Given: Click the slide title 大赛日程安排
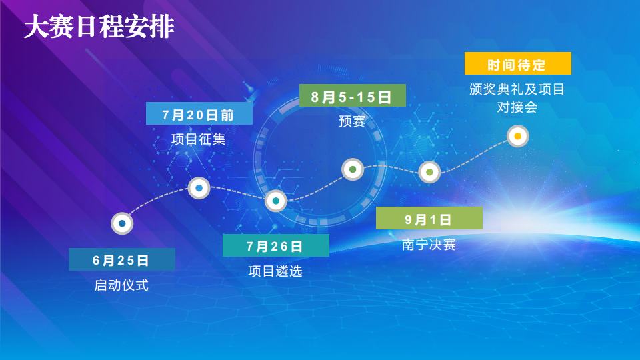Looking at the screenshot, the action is (99, 27).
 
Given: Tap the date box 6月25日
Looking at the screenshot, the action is (122, 259).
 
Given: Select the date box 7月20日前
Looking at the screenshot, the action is (199, 113).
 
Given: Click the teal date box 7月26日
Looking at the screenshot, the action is (276, 245).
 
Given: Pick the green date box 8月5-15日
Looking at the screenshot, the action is (353, 95).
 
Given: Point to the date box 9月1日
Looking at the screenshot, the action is (429, 219).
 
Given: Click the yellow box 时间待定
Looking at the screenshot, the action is (518, 63).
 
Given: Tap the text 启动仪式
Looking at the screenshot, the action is (121, 285).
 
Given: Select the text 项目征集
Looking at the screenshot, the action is (199, 139).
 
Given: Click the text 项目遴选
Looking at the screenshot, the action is (275, 271).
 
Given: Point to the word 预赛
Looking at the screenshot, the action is (352, 121).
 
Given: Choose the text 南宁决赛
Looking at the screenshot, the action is (429, 245).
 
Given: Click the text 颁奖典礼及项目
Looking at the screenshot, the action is (517, 89).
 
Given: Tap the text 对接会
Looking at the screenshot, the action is (517, 107).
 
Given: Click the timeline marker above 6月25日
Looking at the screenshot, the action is (122, 223).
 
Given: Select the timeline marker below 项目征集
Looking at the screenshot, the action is (199, 188).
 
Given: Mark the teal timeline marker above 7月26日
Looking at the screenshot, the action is (276, 201).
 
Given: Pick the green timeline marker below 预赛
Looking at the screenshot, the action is (353, 169).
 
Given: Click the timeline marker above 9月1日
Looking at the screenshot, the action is (429, 172).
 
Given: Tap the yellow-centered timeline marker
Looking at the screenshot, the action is (518, 136).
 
